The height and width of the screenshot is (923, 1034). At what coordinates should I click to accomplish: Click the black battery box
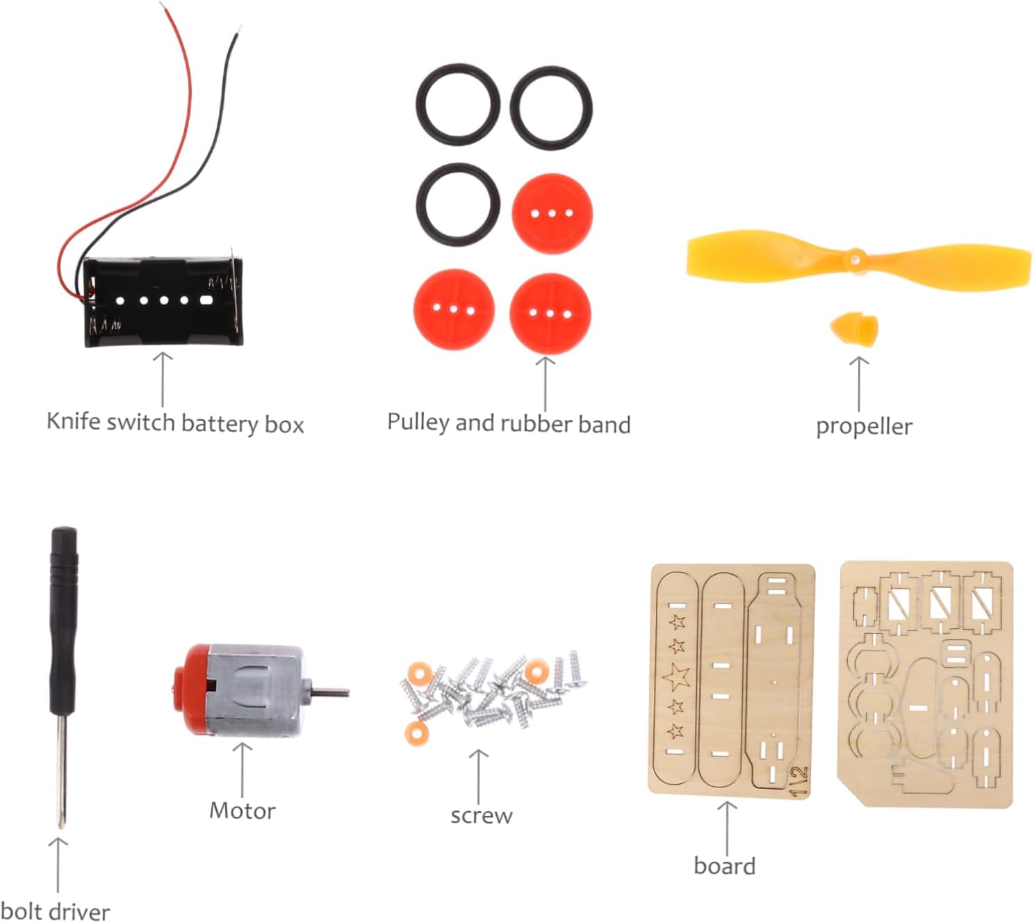164,303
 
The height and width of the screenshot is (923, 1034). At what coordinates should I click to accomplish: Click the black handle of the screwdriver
63,619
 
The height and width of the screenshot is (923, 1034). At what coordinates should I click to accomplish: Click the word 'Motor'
243,810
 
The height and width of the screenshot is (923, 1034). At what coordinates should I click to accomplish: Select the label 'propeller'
864,426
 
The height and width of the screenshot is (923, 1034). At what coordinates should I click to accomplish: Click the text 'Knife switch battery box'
175,423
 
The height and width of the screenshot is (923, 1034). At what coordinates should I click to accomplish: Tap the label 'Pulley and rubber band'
509,423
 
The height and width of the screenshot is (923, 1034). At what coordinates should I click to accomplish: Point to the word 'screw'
481,815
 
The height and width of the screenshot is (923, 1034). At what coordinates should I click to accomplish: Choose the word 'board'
725,866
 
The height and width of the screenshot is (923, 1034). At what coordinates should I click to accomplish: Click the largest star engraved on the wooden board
676,676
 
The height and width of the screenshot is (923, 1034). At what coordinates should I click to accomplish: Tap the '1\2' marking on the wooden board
800,781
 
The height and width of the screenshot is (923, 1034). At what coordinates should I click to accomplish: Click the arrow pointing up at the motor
243,768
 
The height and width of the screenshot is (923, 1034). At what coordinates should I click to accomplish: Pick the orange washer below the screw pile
416,731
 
